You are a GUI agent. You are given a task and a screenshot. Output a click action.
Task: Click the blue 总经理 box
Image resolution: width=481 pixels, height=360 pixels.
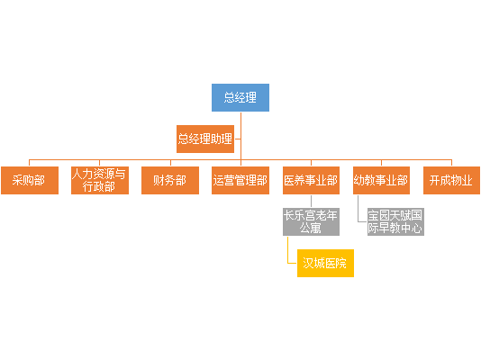[x=240, y=97]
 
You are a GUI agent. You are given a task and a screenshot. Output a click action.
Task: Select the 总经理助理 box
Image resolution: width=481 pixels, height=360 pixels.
[x=205, y=139]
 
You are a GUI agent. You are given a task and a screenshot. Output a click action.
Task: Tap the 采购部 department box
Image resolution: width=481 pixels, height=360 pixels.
[x=30, y=180]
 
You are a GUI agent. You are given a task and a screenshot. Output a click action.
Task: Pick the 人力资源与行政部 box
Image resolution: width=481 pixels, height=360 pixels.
[x=100, y=180]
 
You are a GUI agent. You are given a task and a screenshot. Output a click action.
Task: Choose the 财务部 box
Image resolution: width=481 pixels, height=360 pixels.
[x=170, y=180]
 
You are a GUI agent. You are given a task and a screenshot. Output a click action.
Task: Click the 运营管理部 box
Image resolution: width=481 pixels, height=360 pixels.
[x=240, y=180]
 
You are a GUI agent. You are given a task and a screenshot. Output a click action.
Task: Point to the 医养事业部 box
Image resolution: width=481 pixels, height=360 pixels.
[x=311, y=180]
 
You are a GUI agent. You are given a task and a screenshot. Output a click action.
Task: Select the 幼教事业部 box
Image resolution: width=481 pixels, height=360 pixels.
[x=381, y=180]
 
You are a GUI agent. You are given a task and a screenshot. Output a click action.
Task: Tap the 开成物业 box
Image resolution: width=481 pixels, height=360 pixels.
[x=451, y=180]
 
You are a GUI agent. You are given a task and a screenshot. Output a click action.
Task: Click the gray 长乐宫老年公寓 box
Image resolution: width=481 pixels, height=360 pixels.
[x=311, y=221]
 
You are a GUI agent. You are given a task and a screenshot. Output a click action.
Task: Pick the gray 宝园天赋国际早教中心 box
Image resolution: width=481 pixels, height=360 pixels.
[x=395, y=221]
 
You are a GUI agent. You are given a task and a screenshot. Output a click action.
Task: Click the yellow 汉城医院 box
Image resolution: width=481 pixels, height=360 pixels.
[x=325, y=263]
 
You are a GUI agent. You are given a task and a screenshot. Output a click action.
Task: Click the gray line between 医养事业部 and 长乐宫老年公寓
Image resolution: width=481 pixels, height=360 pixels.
[x=311, y=201]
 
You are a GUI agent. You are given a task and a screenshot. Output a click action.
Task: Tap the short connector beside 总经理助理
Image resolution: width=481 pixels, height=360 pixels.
[x=238, y=139]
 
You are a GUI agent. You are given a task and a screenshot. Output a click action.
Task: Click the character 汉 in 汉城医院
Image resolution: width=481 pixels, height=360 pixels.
[x=308, y=263]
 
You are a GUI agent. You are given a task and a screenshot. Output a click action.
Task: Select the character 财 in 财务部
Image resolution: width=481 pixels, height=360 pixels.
[x=159, y=180]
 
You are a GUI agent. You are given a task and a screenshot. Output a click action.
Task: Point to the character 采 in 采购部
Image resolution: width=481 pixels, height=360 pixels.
[x=17, y=180]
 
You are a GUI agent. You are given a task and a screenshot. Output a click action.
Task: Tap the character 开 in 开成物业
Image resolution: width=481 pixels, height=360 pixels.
[x=435, y=180]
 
